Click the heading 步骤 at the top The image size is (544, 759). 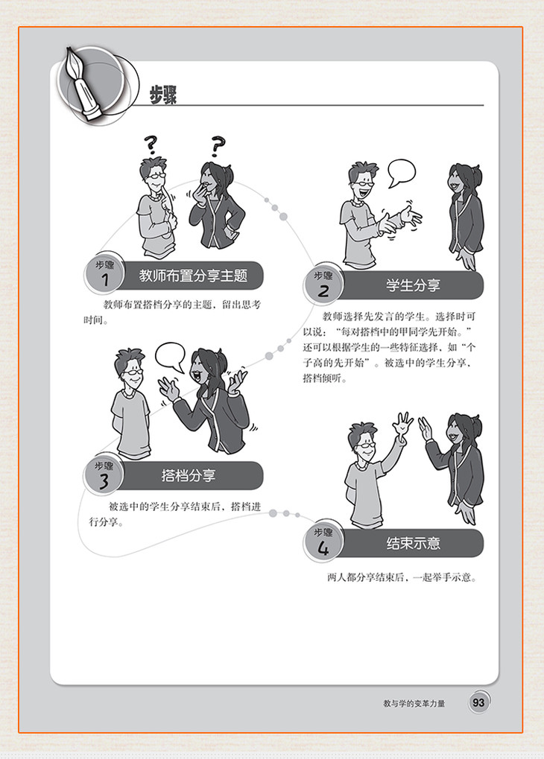click(162, 95)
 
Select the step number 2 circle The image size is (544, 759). click(323, 284)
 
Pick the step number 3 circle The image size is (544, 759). click(104, 474)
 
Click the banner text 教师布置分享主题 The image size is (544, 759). click(193, 276)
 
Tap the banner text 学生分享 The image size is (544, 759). click(413, 285)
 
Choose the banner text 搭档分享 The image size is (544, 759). click(189, 475)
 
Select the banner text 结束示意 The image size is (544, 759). click(413, 543)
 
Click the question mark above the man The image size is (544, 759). click(151, 145)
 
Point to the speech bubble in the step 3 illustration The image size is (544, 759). click(170, 357)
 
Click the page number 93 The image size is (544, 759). click(478, 702)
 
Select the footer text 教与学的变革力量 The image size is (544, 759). click(414, 703)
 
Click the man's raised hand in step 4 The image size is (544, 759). click(402, 425)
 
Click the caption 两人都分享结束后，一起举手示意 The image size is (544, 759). click(402, 577)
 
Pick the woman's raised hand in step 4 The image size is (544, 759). click(425, 428)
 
